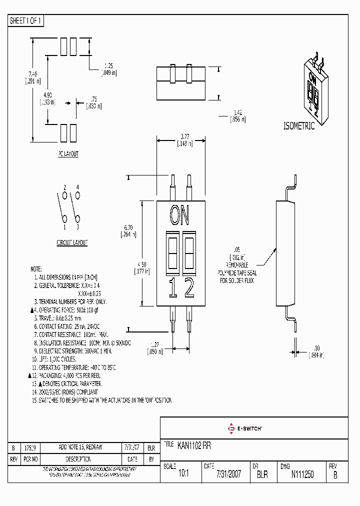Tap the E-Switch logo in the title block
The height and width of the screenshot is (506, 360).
[245, 428]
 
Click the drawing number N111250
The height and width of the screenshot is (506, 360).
[302, 474]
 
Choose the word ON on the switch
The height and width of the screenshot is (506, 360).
[179, 215]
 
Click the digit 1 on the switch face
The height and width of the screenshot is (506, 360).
[172, 288]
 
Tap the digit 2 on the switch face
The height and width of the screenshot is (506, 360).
[189, 288]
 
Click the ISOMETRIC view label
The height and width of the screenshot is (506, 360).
[299, 126]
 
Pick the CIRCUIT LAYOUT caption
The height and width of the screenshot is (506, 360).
[71, 242]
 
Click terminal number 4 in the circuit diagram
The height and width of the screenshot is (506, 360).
[77, 187]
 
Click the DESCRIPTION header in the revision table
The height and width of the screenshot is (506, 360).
[78, 459]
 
